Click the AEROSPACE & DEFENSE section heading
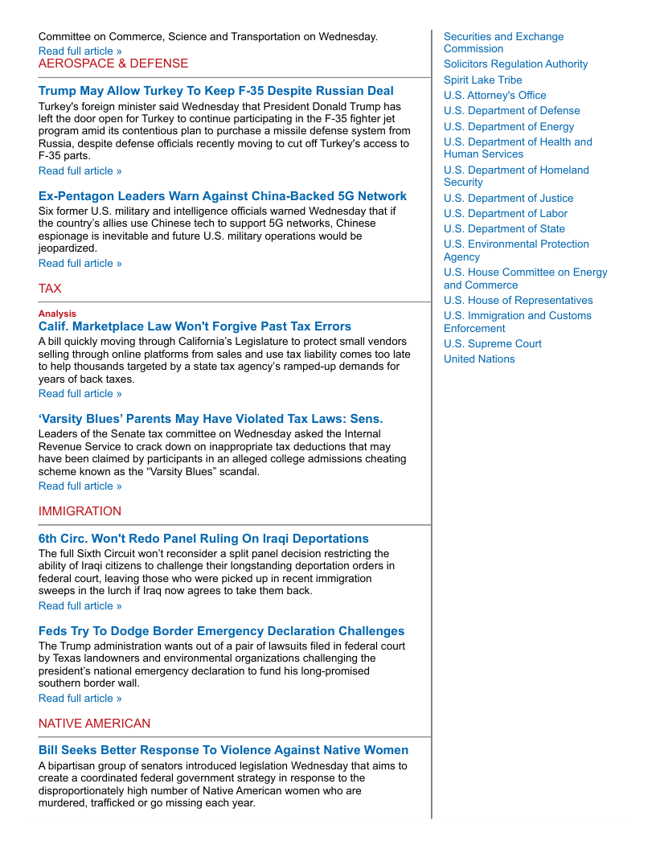pos(113,64)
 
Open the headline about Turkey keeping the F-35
pos(216,91)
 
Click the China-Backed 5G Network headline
pos(223,196)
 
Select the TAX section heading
pos(50,289)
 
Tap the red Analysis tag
pos(57,314)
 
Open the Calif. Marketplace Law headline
pos(195,326)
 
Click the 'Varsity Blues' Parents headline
pos(211,419)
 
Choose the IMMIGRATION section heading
pos(80,511)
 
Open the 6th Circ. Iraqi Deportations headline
pos(203,539)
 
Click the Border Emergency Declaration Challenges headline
pos(221,631)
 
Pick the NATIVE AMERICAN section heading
pos(94,724)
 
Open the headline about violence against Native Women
pos(223,750)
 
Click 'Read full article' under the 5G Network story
pos(80,264)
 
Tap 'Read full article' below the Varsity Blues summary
pos(80,486)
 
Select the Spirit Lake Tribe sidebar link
pos(482,80)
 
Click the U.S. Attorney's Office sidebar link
pos(494,96)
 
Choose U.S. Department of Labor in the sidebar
pos(505,214)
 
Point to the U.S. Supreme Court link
pos(492,344)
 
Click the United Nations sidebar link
pos(479,359)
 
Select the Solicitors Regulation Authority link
pos(515,64)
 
